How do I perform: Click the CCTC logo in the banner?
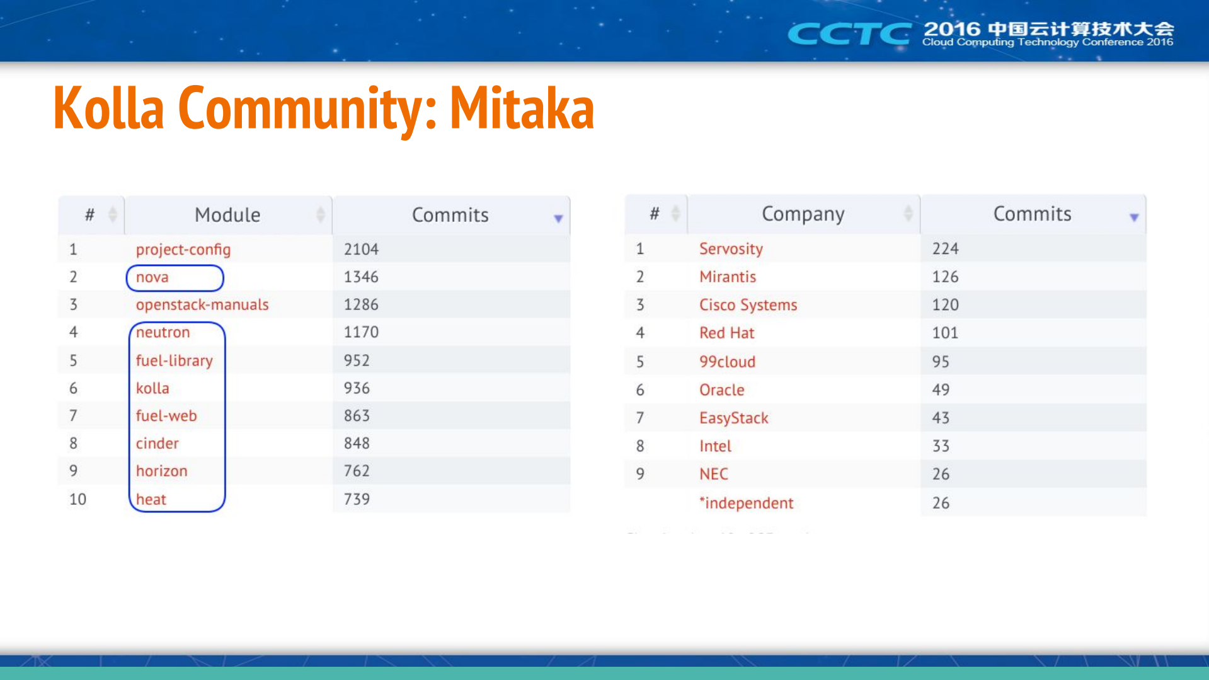tap(849, 33)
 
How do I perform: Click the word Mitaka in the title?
tap(522, 108)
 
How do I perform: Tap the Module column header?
tap(227, 215)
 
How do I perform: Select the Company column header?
tap(803, 214)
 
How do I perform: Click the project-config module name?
tap(183, 250)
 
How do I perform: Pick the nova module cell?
tap(152, 277)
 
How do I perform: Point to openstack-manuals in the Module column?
tap(202, 305)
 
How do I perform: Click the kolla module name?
tap(152, 388)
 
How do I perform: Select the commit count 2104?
tap(361, 250)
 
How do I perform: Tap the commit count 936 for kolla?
tap(357, 388)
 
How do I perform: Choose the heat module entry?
tap(151, 499)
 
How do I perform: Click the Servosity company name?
tap(731, 249)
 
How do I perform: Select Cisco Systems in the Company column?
tap(748, 305)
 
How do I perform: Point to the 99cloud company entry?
tap(727, 362)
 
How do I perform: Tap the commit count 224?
tap(945, 249)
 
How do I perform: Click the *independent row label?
tap(746, 503)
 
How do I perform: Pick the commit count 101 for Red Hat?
tap(945, 333)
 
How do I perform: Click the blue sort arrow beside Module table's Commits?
tap(558, 219)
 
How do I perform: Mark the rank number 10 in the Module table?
tap(77, 499)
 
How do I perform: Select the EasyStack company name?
tap(733, 418)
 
